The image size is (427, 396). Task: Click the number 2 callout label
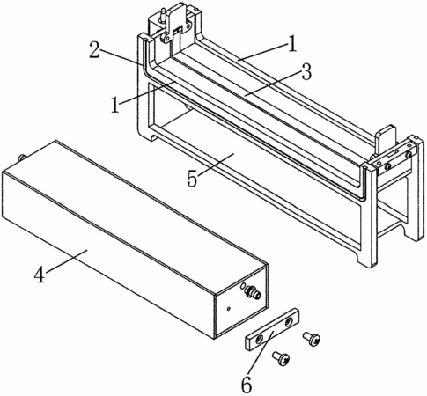pos(95,50)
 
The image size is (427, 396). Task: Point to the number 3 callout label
pos(306,72)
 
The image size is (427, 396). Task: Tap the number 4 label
pos(40,275)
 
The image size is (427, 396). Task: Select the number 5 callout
pos(192,179)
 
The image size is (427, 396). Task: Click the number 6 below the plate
pos(247,385)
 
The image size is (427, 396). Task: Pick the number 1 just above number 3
pos(292,45)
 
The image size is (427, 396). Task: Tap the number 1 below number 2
pos(115,105)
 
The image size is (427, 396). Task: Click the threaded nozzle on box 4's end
pos(254,293)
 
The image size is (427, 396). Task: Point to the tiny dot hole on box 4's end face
pos(229,308)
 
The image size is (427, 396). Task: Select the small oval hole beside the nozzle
pos(242,286)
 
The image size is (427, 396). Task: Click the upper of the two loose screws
pos(312,339)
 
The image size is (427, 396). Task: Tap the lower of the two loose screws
pos(281,358)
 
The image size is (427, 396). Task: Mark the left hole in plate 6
pos(260,341)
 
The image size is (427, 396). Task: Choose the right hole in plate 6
pos(289,322)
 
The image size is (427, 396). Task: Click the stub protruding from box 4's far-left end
pos(21,158)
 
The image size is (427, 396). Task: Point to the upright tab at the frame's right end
pos(387,139)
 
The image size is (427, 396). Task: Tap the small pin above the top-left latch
pos(161,15)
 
